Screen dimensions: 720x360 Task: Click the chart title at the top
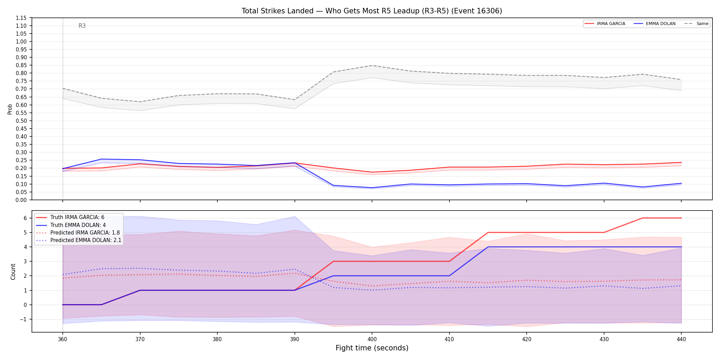tap(372, 11)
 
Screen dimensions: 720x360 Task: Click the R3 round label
tap(82, 26)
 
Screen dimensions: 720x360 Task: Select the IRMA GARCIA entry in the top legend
tap(605, 24)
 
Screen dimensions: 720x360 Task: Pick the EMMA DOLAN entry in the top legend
tap(655, 24)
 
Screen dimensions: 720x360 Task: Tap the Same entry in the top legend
tap(696, 24)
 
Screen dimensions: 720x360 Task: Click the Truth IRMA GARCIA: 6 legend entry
tap(70, 217)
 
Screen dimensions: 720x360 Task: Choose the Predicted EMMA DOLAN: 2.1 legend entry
tap(79, 240)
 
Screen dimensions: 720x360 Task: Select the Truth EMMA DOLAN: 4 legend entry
tap(71, 225)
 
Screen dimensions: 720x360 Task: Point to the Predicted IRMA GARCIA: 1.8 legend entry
tap(78, 233)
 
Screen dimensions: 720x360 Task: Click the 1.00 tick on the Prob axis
tap(21, 41)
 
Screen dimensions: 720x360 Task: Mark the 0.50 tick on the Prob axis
tap(21, 121)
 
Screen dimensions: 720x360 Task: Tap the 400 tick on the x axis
tap(372, 339)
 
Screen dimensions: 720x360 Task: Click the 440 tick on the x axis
tap(681, 339)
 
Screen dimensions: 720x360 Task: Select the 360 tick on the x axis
tap(62, 339)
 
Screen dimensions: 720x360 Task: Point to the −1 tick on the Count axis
tap(23, 320)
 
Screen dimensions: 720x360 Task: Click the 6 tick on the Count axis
tap(25, 218)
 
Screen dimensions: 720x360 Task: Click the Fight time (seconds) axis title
tap(372, 348)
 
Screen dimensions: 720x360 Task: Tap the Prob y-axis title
tap(10, 109)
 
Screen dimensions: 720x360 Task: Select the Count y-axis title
tap(13, 272)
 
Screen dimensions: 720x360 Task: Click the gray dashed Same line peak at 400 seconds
tap(372, 65)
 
